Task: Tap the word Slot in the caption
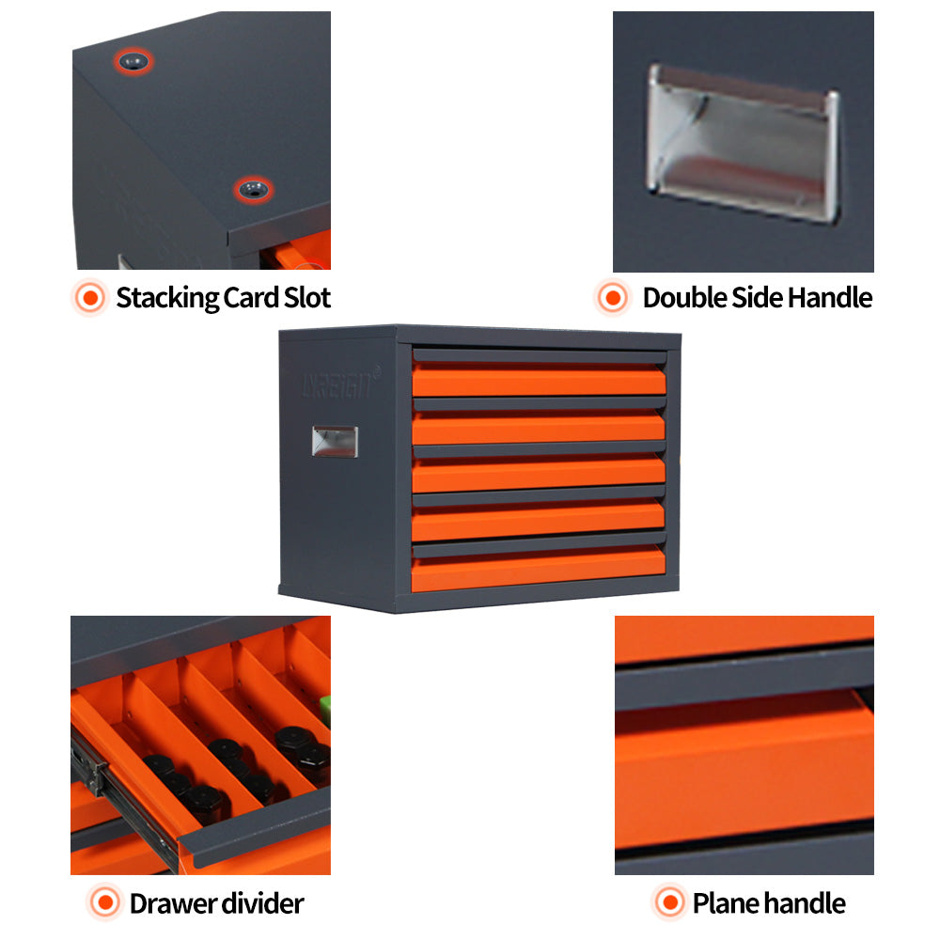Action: click(306, 298)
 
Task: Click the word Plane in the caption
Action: click(725, 904)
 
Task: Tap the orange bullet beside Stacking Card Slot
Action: click(90, 298)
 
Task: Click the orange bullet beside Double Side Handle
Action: click(613, 298)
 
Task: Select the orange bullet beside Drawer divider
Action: click(104, 904)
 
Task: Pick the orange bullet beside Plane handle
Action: click(668, 904)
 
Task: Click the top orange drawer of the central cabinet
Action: click(539, 380)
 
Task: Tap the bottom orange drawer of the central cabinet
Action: click(539, 571)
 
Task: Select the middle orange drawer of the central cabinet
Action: click(539, 476)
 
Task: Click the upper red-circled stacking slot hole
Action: click(134, 63)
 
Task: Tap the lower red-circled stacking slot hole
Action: click(252, 189)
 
